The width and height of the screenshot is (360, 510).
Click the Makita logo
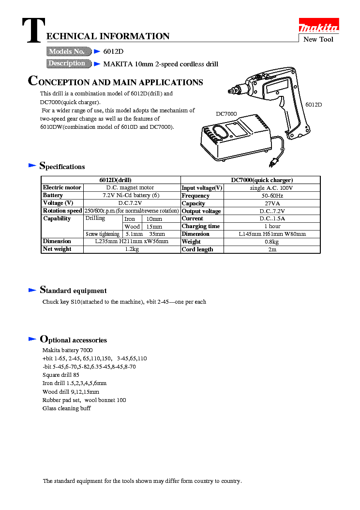tap(318, 27)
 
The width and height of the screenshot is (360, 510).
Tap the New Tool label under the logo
tap(318, 39)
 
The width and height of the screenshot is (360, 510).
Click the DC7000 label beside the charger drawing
tap(226, 113)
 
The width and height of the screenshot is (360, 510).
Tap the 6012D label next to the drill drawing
tap(313, 105)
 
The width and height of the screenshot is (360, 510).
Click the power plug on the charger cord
tap(275, 162)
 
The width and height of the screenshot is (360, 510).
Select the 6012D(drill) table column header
tap(111, 180)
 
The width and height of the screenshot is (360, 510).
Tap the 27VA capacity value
tap(272, 203)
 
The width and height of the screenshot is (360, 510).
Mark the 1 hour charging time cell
tap(272, 226)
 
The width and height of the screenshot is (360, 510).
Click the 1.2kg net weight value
tap(132, 249)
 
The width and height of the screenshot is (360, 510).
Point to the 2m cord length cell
tap(272, 249)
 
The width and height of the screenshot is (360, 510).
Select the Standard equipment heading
tap(73, 291)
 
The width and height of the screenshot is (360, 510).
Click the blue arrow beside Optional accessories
tap(32, 339)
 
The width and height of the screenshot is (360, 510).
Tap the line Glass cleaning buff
tap(67, 408)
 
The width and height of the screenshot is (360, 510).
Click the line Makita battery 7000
tap(68, 350)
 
